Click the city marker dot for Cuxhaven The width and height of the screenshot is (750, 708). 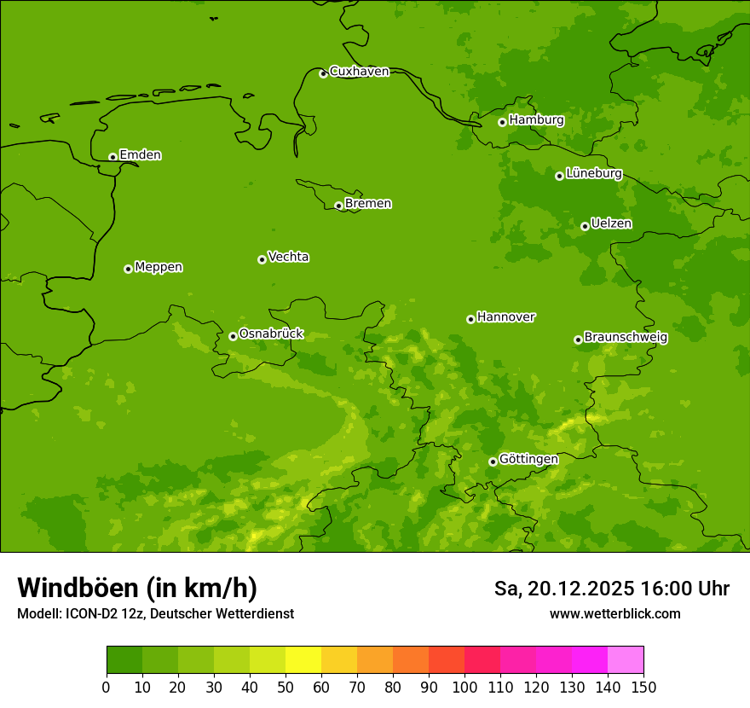[x=323, y=73]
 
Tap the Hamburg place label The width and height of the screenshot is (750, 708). [x=536, y=120]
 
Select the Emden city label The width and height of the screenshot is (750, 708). [x=140, y=155]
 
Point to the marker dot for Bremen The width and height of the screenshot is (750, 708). [x=338, y=206]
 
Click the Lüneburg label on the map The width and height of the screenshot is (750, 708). [x=593, y=173]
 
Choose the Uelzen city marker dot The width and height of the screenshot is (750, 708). [x=585, y=226]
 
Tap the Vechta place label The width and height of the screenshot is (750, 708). [x=288, y=257]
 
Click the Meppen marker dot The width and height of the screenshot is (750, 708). [x=128, y=269]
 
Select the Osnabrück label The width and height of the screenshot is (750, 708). [x=271, y=334]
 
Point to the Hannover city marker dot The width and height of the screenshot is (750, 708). [x=470, y=319]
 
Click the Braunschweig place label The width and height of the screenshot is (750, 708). [x=626, y=338]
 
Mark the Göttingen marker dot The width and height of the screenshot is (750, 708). [x=493, y=461]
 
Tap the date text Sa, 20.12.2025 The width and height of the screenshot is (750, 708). [x=563, y=589]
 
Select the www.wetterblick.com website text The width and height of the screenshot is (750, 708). [x=614, y=614]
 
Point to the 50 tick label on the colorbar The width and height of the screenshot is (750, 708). [x=286, y=688]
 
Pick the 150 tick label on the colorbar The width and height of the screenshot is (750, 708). [x=643, y=688]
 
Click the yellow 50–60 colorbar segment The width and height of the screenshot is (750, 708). [x=303, y=660]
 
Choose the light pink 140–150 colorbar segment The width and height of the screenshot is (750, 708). [x=626, y=660]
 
